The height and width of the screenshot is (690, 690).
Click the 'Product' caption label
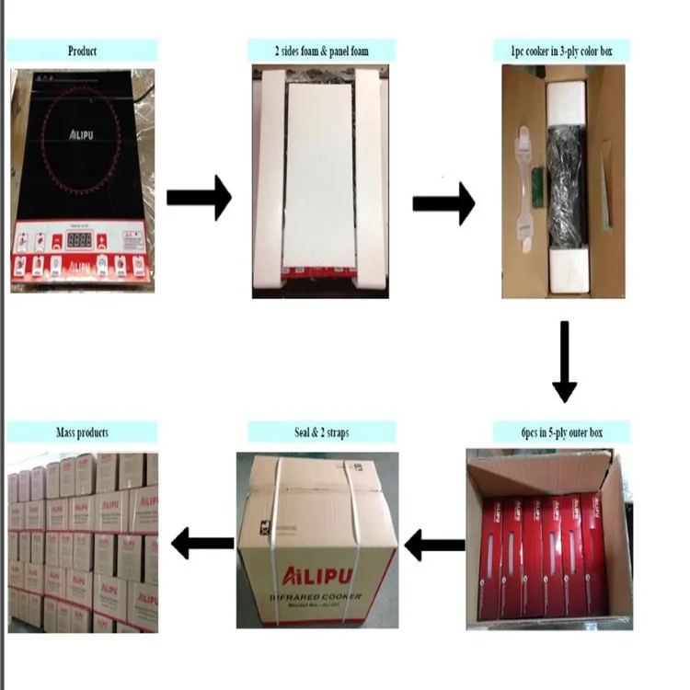click(83, 51)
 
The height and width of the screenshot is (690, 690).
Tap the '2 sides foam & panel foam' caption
click(321, 51)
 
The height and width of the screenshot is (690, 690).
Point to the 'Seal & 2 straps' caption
click(321, 431)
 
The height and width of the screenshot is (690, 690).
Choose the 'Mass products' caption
click(83, 431)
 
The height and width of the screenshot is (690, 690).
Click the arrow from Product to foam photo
click(198, 198)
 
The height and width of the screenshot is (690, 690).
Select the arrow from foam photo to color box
click(443, 202)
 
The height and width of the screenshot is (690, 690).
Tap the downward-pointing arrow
click(564, 362)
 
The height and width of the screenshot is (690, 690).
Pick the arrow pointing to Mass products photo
click(201, 542)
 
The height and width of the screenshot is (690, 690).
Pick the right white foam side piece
click(372, 179)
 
